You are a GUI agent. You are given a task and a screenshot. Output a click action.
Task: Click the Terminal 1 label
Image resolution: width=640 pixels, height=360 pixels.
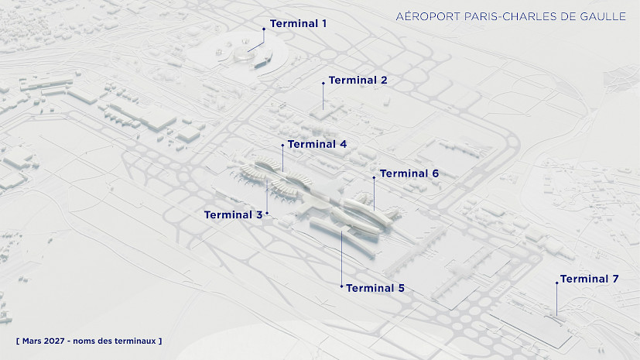pyautogui.click(x=298, y=24)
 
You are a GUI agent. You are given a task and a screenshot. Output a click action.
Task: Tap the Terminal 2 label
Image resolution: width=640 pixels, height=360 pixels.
pyautogui.click(x=358, y=81)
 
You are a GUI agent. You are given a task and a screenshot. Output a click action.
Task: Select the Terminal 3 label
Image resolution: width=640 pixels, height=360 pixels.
pyautogui.click(x=233, y=215)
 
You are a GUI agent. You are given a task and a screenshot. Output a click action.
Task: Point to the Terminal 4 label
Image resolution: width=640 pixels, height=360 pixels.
pyautogui.click(x=317, y=145)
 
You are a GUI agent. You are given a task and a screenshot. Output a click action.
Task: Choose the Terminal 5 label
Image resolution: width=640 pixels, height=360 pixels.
pyautogui.click(x=375, y=289)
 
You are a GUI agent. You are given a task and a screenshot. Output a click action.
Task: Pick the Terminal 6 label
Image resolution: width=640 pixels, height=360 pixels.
pyautogui.click(x=409, y=174)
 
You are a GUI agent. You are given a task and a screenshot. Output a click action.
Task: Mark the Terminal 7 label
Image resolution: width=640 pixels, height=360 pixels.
pyautogui.click(x=590, y=279)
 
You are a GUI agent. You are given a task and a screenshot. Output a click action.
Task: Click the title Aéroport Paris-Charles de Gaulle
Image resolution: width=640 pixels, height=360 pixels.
pyautogui.click(x=511, y=16)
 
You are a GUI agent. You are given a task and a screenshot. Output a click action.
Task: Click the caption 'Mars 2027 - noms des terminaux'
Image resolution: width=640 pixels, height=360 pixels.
pyautogui.click(x=89, y=341)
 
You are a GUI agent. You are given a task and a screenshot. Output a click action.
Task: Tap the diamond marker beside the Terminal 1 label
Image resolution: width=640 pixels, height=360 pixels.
pyautogui.click(x=264, y=29)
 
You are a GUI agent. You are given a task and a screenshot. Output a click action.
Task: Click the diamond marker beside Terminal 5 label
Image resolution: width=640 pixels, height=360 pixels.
pyautogui.click(x=341, y=286)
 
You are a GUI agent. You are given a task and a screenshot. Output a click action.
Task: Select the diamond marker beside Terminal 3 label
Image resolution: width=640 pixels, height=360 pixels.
pyautogui.click(x=267, y=213)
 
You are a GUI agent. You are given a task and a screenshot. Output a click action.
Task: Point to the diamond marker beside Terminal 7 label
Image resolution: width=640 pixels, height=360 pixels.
pyautogui.click(x=556, y=283)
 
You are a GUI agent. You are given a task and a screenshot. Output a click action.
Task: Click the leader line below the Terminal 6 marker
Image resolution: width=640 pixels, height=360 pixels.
pyautogui.click(x=374, y=194)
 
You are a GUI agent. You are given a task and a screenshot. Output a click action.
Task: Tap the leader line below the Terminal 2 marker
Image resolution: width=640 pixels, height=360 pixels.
pyautogui.click(x=323, y=97)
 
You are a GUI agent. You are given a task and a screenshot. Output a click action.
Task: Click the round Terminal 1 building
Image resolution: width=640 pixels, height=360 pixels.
pyautogui.click(x=244, y=54)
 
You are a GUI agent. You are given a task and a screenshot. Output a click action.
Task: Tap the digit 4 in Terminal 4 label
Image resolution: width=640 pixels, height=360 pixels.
pyautogui.click(x=343, y=145)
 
